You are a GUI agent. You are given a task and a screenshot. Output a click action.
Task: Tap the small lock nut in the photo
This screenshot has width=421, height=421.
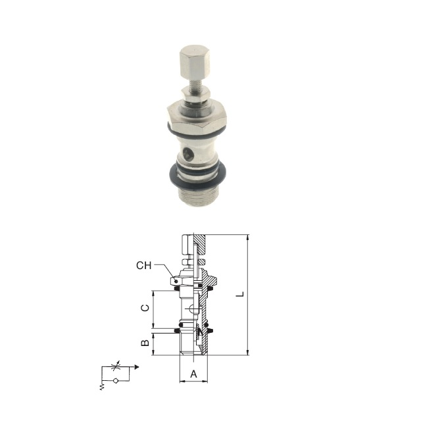tap(195, 95)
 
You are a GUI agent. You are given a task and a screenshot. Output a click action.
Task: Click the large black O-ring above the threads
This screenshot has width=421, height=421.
tap(198, 177)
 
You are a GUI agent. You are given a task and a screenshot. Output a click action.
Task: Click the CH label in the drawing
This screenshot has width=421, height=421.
tap(144, 266)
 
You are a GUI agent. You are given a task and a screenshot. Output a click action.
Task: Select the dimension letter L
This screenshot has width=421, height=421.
tap(240, 294)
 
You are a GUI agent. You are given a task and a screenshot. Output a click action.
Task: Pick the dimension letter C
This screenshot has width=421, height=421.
tap(145, 308)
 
